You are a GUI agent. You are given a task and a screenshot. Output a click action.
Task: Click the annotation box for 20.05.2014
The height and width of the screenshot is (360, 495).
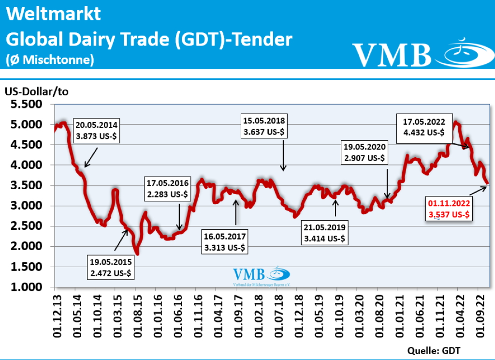[x=97, y=130]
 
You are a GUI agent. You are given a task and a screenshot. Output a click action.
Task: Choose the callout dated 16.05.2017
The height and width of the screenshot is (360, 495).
[x=225, y=242]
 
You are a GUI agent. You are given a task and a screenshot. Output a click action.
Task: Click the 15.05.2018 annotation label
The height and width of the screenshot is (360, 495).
[x=264, y=125]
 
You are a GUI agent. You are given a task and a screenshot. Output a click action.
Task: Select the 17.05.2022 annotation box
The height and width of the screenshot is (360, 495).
[x=421, y=126]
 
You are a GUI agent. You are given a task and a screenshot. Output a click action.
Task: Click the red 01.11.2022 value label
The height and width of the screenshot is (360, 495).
[x=449, y=209]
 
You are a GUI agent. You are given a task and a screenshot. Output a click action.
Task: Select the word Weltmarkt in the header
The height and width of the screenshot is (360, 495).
[x=54, y=14]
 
